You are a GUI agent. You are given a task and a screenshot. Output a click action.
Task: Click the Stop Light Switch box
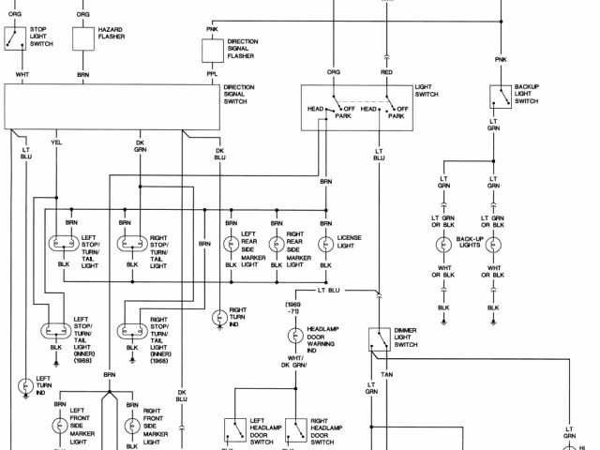(x=16, y=38)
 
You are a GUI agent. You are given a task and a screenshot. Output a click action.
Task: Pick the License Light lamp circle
(x=325, y=244)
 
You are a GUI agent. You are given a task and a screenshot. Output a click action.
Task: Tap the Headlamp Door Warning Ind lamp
(x=293, y=337)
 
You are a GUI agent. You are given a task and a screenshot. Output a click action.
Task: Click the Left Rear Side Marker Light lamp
(x=230, y=244)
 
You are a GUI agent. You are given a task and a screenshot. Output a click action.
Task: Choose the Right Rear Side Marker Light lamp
(x=277, y=244)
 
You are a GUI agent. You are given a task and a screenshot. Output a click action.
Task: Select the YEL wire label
(x=56, y=143)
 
